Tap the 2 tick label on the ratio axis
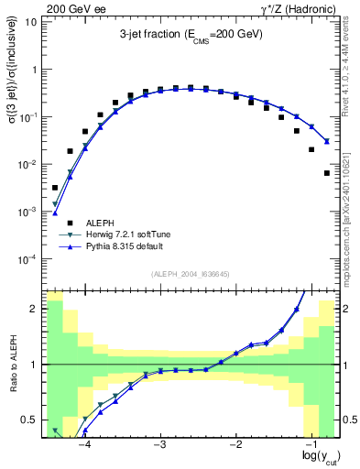[34, 309]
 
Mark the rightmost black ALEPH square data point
[327, 173]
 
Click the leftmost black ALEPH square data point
[55, 187]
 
